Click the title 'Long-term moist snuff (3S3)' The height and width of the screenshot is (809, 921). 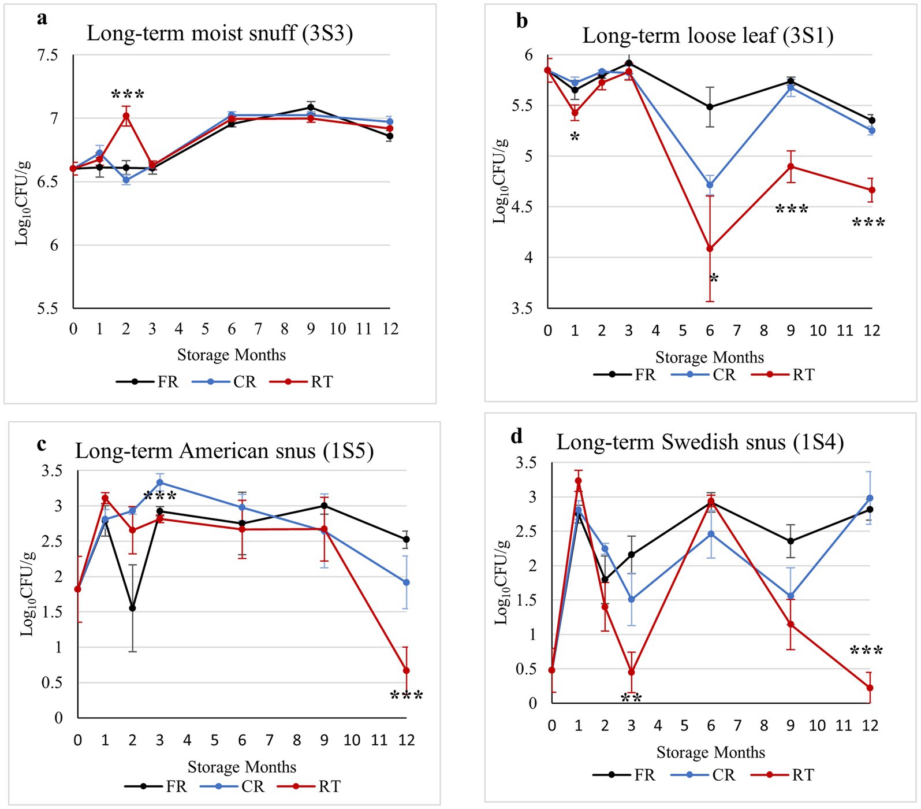click(219, 34)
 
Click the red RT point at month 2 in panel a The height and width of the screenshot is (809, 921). click(126, 116)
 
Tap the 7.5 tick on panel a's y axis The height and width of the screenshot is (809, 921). click(47, 55)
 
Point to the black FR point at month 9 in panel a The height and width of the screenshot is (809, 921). click(311, 107)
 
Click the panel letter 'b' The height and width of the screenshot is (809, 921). click(522, 21)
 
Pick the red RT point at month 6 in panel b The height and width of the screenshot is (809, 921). click(710, 249)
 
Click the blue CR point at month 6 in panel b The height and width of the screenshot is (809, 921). click(710, 185)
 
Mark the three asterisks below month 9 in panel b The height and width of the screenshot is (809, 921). click(791, 210)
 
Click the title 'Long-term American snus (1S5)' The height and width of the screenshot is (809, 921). click(224, 451)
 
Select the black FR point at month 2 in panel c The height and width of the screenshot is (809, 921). click(132, 608)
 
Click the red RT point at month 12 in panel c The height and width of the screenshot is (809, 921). click(406, 670)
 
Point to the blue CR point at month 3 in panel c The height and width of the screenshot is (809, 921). click(160, 483)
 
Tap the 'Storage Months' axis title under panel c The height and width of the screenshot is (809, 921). click(241, 767)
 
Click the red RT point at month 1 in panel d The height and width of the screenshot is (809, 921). click(578, 481)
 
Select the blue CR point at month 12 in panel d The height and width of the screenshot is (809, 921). click(870, 498)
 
